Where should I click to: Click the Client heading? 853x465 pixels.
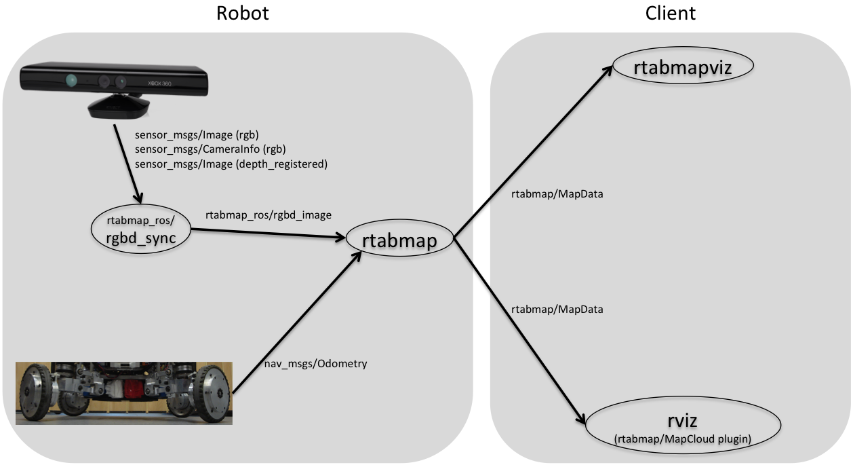click(671, 14)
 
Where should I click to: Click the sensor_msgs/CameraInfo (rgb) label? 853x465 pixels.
click(210, 149)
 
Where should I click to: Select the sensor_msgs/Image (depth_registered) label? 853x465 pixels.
click(231, 164)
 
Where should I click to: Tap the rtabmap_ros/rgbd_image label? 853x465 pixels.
click(269, 215)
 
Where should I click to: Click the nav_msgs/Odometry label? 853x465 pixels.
click(315, 364)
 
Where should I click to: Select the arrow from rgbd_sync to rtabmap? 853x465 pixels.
click(268, 234)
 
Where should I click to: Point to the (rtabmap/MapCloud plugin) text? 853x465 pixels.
click(683, 439)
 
